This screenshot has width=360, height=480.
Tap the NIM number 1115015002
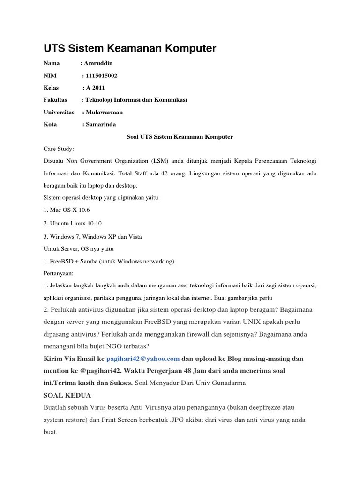tap(101, 75)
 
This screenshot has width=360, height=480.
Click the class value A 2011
tap(95, 88)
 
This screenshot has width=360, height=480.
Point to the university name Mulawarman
tap(104, 112)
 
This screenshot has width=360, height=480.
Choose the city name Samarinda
tap(101, 124)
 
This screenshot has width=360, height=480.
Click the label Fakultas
tap(55, 100)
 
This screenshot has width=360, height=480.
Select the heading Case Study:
tap(59, 149)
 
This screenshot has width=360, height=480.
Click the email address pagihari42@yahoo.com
tap(143, 359)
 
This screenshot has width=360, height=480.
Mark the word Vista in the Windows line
tap(134, 236)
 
